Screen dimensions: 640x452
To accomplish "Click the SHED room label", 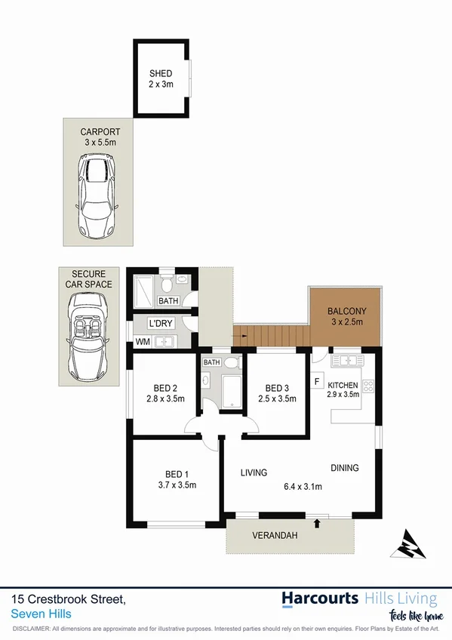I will coord(161,73).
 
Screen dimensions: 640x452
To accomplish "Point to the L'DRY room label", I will coord(161,324).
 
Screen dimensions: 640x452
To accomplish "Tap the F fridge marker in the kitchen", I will coord(318,380).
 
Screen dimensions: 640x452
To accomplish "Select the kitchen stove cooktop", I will coord(368,386).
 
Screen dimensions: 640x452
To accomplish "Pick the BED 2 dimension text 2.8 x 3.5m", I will coord(165,398).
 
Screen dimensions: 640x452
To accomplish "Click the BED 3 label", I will coord(278,388).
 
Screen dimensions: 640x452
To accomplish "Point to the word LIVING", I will coord(254,473).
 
